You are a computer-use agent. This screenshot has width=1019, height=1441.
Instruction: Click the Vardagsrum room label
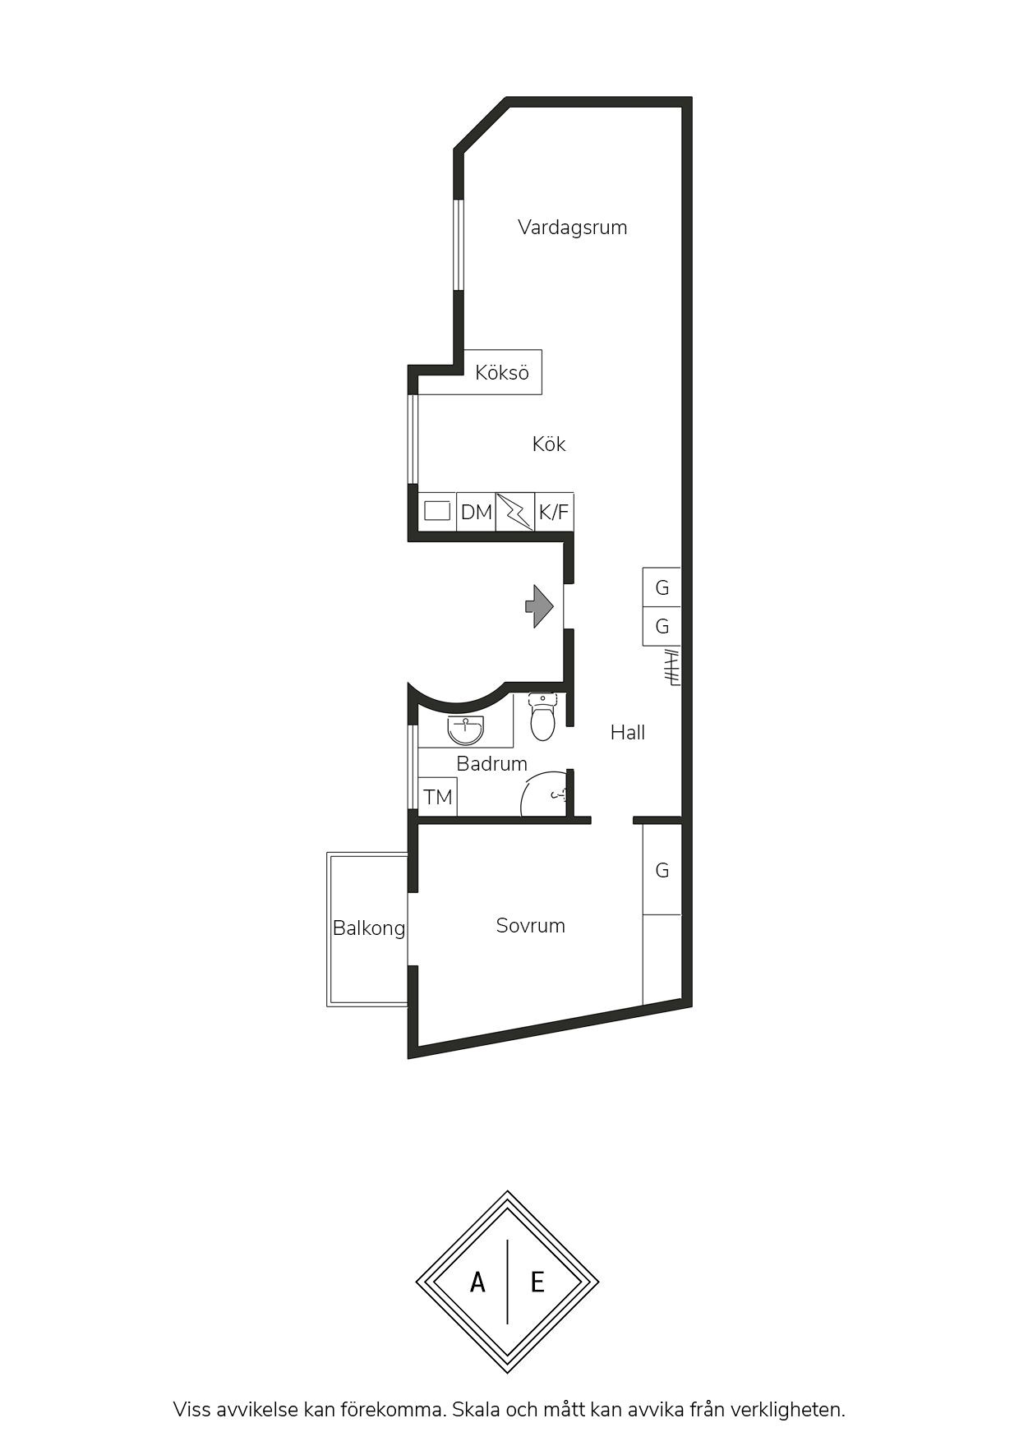572,228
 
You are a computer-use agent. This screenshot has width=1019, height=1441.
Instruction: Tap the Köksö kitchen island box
502,372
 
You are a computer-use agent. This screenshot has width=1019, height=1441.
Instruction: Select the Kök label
549,444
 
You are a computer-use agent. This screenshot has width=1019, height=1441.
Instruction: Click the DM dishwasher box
477,512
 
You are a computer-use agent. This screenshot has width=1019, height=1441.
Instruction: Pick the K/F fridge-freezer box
554,512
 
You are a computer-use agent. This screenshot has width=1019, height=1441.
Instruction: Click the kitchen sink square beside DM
437,511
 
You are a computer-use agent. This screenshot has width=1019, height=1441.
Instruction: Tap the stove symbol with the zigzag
515,512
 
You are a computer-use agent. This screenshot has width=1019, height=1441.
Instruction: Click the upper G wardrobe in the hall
662,587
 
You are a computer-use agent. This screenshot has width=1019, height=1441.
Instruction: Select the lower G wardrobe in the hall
662,626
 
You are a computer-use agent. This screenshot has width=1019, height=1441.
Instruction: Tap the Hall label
628,733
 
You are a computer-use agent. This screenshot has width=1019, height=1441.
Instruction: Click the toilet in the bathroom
542,716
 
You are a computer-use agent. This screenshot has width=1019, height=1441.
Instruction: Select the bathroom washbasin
466,730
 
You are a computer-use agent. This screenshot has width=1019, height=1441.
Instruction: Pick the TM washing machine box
438,797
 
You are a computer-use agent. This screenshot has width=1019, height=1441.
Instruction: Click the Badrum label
491,764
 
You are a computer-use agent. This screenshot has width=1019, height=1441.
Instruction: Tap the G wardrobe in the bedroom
662,869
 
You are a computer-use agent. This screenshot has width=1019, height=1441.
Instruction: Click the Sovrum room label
531,926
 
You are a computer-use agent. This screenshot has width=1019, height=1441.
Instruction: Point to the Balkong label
369,928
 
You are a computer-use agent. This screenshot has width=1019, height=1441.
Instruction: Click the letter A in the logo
477,1282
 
